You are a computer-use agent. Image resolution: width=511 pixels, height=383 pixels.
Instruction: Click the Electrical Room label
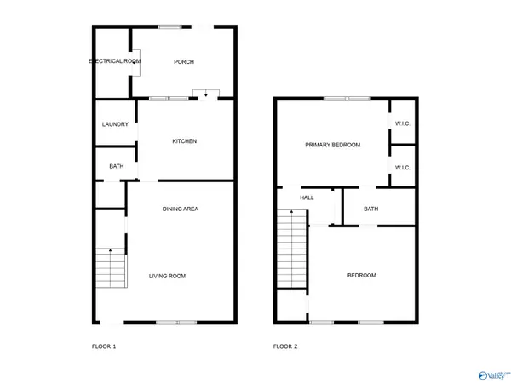(x=114, y=61)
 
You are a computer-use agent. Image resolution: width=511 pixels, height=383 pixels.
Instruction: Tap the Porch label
(x=184, y=61)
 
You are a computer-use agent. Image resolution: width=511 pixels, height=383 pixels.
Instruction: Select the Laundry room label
(x=115, y=124)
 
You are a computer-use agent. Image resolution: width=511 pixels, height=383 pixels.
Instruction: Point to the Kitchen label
(x=185, y=141)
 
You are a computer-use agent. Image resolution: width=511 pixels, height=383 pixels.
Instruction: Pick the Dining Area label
(x=181, y=209)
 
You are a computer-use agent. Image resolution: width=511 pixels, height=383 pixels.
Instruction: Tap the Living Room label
(x=167, y=276)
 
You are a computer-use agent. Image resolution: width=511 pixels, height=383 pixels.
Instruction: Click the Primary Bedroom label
(x=333, y=145)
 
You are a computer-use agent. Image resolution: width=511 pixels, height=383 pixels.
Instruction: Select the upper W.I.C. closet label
(x=403, y=124)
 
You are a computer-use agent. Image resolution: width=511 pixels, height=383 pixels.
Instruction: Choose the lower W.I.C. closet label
(x=403, y=167)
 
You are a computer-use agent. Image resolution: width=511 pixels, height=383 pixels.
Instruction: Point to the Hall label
(x=307, y=197)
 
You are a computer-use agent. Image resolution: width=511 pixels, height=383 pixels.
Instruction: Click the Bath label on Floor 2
(x=371, y=209)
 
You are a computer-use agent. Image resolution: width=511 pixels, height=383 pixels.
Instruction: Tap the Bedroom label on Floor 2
(x=361, y=276)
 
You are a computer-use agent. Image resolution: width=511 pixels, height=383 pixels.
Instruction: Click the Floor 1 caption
(x=104, y=346)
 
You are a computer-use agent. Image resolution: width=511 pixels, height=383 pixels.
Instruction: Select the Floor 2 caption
(x=285, y=346)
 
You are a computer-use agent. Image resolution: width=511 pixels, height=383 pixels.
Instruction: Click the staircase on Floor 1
(x=110, y=267)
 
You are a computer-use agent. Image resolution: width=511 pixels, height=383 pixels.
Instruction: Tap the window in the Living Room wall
(x=176, y=322)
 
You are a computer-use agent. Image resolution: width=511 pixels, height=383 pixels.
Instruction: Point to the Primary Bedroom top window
(x=347, y=99)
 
